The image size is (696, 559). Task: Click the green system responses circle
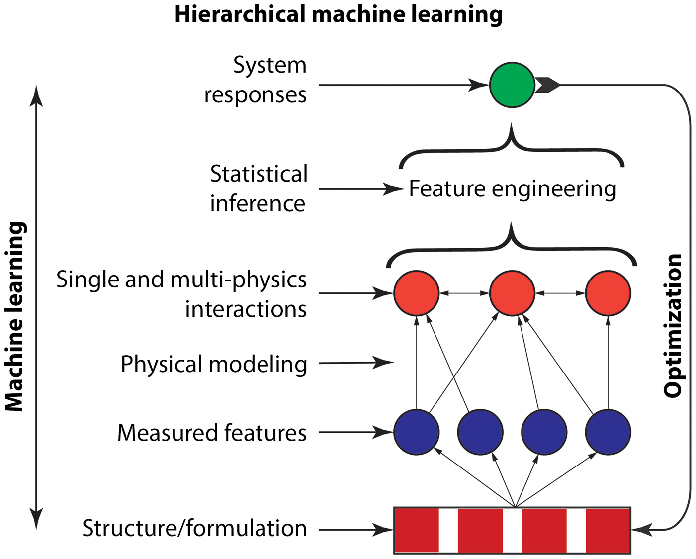512,85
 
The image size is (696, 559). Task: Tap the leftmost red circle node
417,293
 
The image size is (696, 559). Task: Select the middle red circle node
512,293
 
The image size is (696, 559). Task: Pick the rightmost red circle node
608,293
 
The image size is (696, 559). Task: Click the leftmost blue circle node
417,432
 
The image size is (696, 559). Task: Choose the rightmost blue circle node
608,432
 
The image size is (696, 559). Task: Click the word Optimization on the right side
673,326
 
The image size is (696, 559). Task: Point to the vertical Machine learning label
15,317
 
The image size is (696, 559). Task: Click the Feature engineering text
513,189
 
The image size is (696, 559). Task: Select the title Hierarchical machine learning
339,14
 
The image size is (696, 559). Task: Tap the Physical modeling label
214,364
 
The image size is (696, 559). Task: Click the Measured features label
212,433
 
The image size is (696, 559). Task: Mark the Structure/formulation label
194,528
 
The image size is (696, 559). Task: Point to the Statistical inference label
259,188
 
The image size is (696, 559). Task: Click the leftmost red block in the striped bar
417,530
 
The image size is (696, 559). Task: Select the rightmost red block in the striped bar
608,530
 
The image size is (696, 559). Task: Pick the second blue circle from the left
480,432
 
